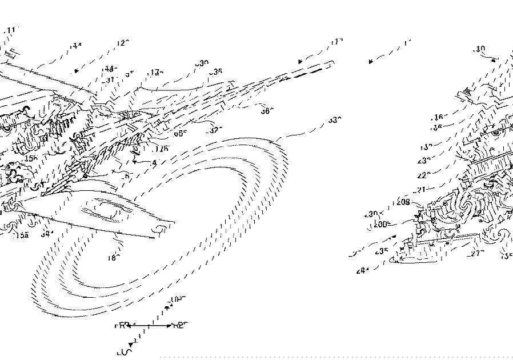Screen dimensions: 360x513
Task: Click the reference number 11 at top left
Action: (x=11, y=29)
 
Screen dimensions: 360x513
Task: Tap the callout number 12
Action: (x=123, y=43)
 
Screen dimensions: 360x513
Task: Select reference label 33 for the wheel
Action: (x=335, y=121)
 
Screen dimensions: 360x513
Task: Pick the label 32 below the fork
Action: (x=215, y=130)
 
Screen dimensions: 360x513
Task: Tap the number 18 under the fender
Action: (x=113, y=258)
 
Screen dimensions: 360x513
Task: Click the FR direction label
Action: (x=121, y=325)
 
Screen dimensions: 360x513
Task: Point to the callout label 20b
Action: (x=381, y=225)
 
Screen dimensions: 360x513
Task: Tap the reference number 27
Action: (x=475, y=252)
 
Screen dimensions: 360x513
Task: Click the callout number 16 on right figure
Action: (x=438, y=117)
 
